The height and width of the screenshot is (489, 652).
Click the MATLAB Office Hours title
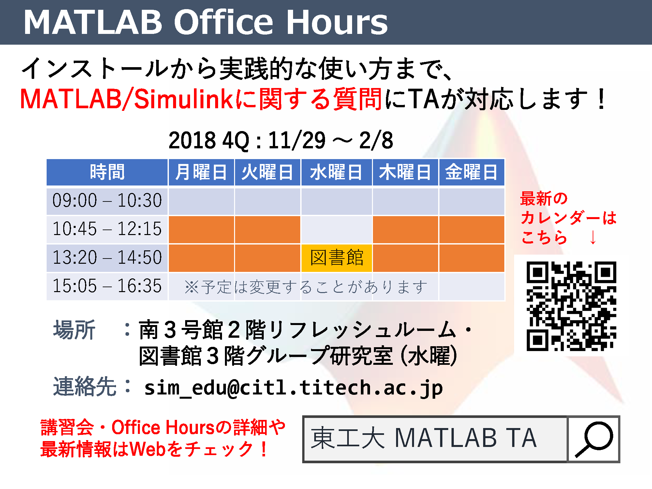[x=206, y=22]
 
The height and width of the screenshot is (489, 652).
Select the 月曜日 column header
[x=201, y=172]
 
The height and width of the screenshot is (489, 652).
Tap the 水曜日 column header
[x=336, y=172]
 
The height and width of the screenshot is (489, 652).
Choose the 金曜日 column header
[x=471, y=172]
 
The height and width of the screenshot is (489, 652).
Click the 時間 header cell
[x=107, y=172]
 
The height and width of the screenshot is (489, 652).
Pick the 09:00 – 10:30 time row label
[x=107, y=200]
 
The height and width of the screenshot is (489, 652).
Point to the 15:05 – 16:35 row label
[x=107, y=286]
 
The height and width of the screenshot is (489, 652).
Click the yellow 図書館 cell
[x=336, y=258]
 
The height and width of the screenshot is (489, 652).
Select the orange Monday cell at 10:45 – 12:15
[x=201, y=230]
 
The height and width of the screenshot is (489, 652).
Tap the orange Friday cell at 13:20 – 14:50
[x=471, y=258]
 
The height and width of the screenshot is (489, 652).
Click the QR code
[x=571, y=306]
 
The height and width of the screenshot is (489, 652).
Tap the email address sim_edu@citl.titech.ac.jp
[x=293, y=388]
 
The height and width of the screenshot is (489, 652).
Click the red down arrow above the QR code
[x=593, y=237]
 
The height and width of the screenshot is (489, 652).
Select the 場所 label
[x=74, y=330]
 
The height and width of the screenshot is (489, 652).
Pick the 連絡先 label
[x=85, y=387]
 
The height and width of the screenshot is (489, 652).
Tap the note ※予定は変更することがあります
[x=306, y=287]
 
